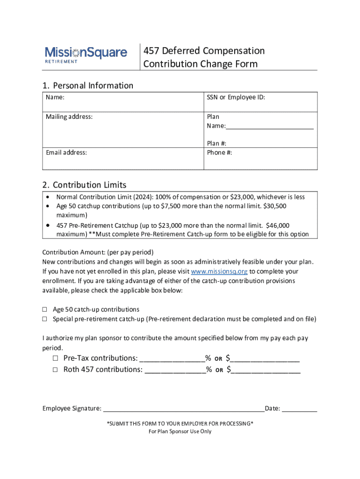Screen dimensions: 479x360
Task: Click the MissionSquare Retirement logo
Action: [x=86, y=54]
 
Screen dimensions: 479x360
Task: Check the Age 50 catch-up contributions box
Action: [x=45, y=310]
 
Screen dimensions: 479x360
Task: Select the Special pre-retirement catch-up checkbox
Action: [x=45, y=319]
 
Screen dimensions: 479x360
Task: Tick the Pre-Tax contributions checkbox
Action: [x=55, y=358]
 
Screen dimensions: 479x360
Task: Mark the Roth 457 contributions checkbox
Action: [x=55, y=370]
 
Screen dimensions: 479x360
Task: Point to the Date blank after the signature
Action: [x=299, y=409]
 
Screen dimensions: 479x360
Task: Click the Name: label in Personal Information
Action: [x=55, y=98]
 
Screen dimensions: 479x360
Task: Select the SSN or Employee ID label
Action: [x=236, y=98]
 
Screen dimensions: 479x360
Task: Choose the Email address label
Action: [x=66, y=152]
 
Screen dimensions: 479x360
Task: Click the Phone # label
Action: [x=219, y=152]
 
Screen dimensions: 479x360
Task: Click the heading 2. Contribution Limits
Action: [x=84, y=185]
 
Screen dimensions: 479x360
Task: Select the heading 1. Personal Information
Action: [x=88, y=86]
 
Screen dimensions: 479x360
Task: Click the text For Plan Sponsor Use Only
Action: [x=180, y=431]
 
